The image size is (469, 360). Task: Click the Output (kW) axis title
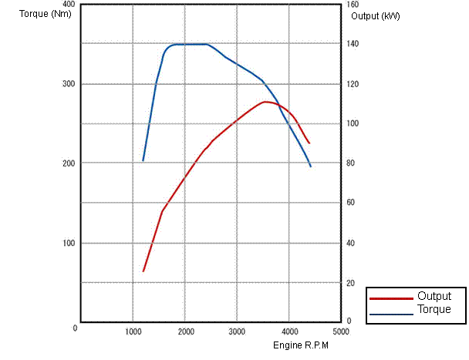coord(375,15)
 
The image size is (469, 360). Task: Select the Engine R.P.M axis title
coord(301,345)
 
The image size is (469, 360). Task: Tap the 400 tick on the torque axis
coord(69,5)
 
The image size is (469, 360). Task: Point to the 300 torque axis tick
coord(69,83)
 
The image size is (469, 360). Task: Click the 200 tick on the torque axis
coord(69,163)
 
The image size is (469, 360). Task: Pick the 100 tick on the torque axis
coord(69,243)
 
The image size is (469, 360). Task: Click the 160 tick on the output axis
coord(353,5)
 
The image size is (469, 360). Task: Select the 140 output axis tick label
coord(352,44)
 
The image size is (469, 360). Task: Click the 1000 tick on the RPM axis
coord(133,331)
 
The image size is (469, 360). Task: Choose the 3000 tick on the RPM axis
coord(237,331)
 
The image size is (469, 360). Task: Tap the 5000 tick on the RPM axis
coord(340,331)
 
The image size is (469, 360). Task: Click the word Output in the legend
coord(434,296)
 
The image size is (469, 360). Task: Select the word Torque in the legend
coord(434,309)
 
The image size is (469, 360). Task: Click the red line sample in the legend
coord(391,298)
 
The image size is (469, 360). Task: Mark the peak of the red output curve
coord(266,102)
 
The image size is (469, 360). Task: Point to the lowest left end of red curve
coord(143,271)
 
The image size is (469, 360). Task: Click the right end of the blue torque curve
coord(311,167)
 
